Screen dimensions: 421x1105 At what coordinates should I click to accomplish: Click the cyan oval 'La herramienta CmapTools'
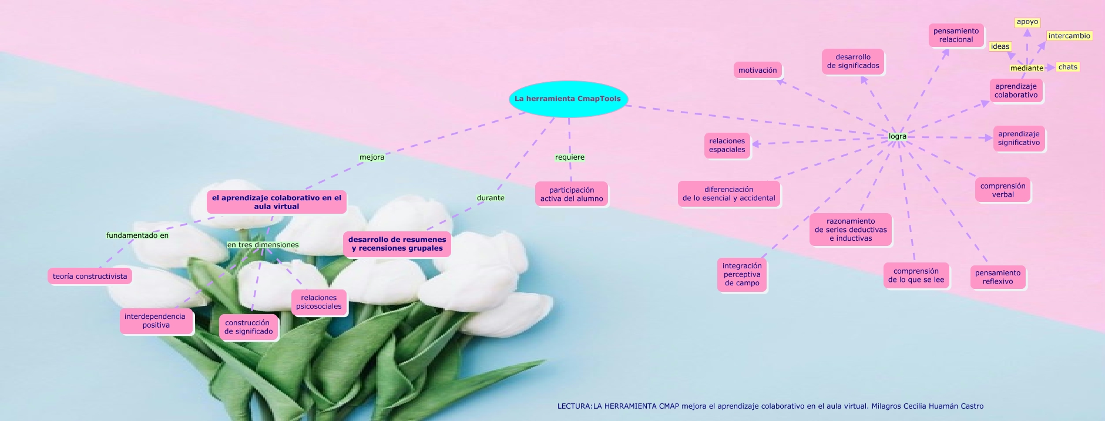[567, 99]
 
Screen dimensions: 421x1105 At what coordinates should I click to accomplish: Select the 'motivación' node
[757, 70]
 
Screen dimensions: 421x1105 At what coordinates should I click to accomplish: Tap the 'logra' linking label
[897, 136]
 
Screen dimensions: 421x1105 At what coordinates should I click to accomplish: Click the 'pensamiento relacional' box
[956, 35]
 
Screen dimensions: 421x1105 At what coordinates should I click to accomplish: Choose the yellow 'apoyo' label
[1027, 22]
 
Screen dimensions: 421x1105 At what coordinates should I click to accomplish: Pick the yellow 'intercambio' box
[1069, 36]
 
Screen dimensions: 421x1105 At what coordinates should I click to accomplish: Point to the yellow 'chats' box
[1067, 67]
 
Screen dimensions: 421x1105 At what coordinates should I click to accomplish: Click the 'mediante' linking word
[1026, 68]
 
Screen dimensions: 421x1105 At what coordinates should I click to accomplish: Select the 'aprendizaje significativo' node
[1019, 138]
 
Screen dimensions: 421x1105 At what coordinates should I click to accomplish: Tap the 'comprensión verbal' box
[1003, 190]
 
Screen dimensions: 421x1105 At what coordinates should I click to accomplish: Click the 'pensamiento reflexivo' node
[997, 277]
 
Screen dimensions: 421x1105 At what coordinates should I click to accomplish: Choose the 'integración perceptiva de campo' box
[742, 274]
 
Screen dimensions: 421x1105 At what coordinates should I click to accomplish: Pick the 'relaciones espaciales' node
[727, 145]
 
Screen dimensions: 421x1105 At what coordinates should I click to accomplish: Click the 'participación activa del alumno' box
[572, 194]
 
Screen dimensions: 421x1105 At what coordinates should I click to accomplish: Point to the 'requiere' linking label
[569, 157]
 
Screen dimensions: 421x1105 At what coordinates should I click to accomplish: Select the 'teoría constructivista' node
[90, 277]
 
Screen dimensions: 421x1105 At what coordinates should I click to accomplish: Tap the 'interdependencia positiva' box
[156, 321]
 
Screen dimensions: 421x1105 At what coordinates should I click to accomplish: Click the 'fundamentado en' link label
[137, 235]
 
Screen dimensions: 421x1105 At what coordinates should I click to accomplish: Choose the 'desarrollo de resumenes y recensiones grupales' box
[397, 244]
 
